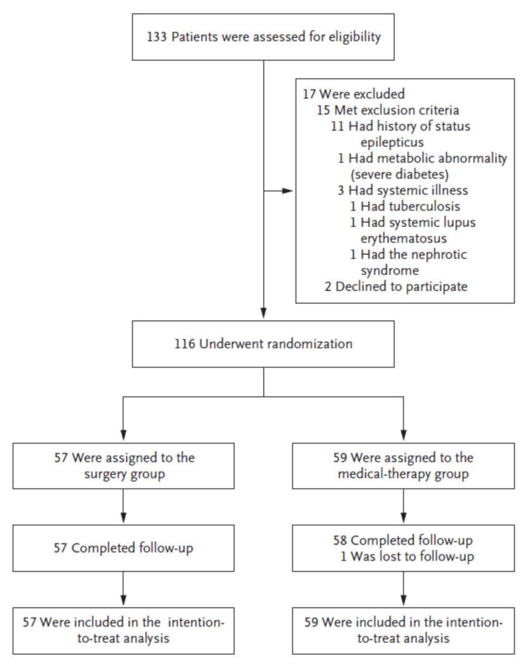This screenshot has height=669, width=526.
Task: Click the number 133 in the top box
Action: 156,37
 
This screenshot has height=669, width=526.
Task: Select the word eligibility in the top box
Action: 355,37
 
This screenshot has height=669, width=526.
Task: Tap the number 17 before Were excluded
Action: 309,94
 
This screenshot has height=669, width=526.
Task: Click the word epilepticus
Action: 392,142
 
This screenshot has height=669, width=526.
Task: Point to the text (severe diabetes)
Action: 400,175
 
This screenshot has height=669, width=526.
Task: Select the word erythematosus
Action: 403,239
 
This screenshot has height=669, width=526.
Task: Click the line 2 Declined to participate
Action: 396,287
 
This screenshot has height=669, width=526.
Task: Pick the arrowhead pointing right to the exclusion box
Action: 288,191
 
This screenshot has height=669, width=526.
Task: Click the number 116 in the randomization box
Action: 185,344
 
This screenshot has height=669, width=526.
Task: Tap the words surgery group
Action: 125,475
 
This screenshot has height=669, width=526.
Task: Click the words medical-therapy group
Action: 403,475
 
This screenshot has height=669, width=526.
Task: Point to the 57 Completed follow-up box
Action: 124,548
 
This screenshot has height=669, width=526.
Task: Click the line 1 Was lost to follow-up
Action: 407,557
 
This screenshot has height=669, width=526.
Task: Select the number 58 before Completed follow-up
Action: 339,541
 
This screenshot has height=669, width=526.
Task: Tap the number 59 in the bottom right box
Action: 311,623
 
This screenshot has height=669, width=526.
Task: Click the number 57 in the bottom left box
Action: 30,623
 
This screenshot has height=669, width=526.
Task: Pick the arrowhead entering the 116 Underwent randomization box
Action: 264,313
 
